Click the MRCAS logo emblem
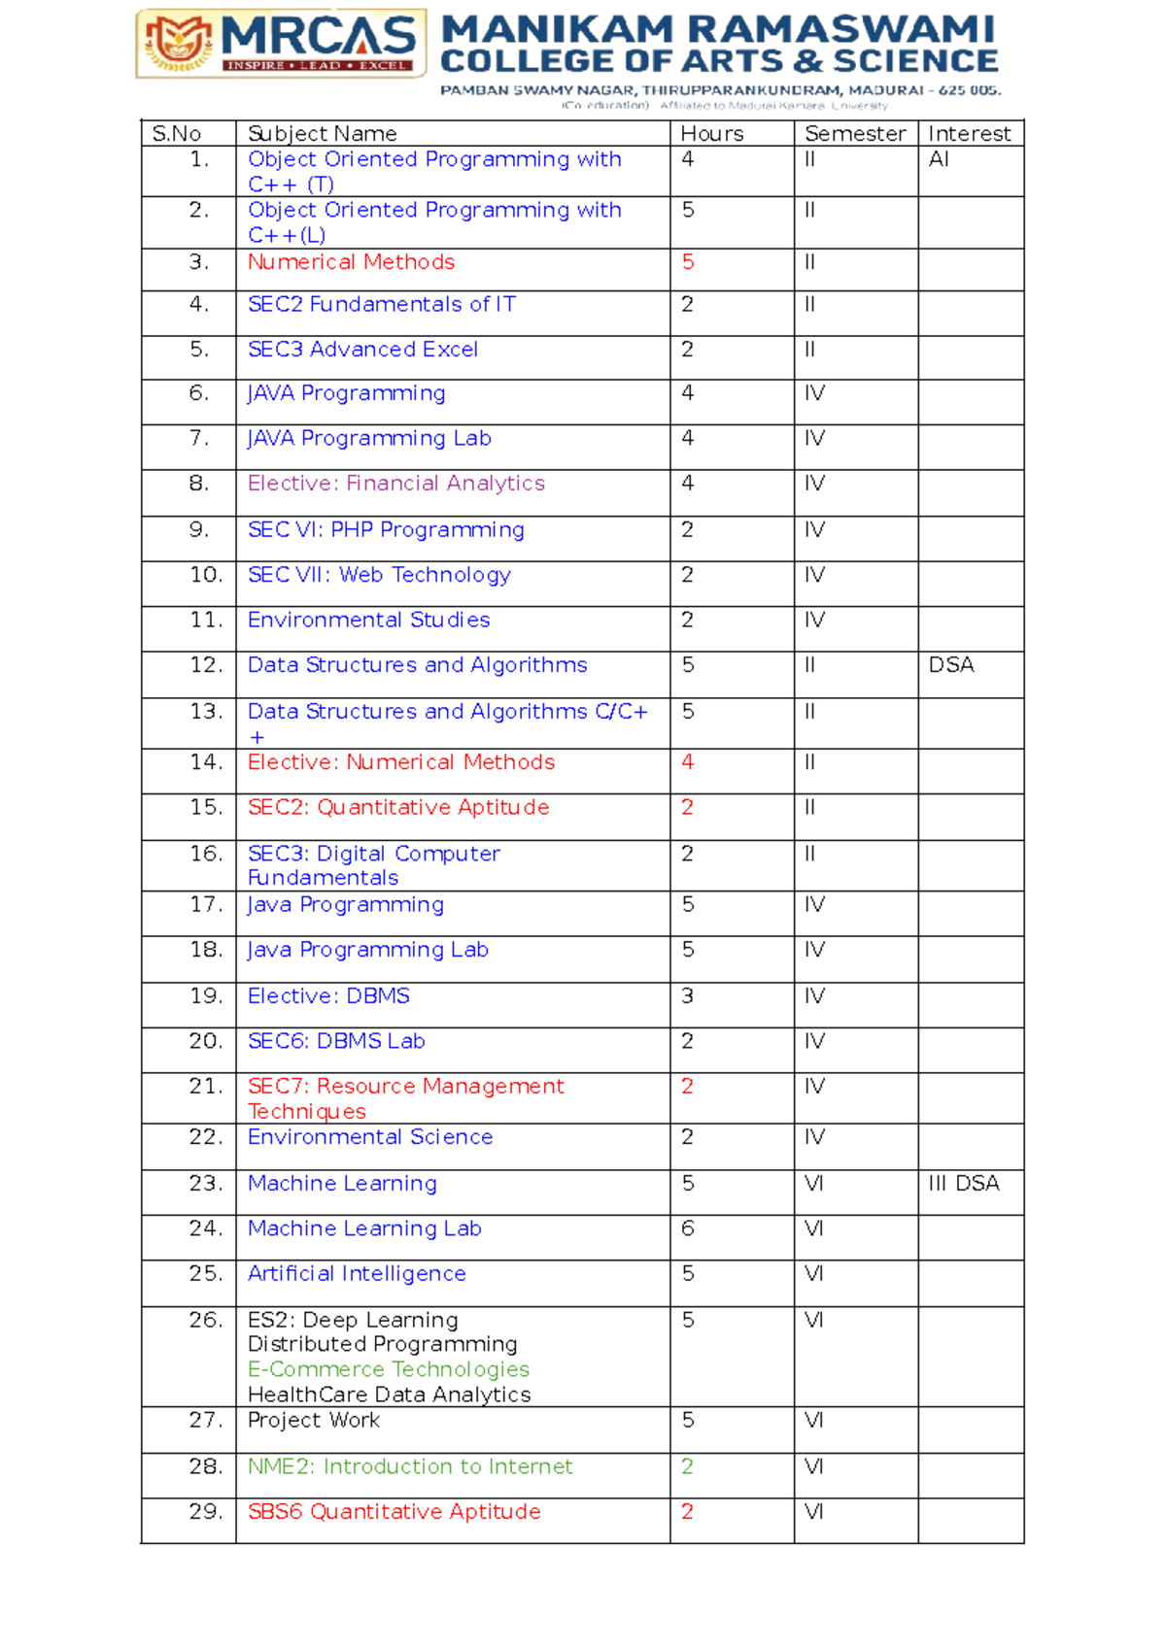(x=179, y=43)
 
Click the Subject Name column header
(x=322, y=134)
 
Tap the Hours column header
(x=711, y=134)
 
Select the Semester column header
(x=854, y=134)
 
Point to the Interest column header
(x=969, y=134)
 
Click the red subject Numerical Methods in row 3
(x=351, y=262)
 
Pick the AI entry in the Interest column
(x=939, y=159)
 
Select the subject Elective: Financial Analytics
(x=395, y=484)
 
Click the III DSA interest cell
(x=963, y=1184)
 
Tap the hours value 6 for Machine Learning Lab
(x=688, y=1228)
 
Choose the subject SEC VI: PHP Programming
(x=386, y=530)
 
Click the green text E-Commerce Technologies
(x=388, y=1369)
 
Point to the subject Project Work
(x=313, y=1420)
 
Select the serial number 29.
(x=205, y=1512)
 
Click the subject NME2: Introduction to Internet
(x=409, y=1466)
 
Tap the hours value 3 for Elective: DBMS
(x=688, y=996)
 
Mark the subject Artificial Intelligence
(x=357, y=1274)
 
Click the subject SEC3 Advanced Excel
(x=362, y=350)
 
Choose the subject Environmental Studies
(x=368, y=621)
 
